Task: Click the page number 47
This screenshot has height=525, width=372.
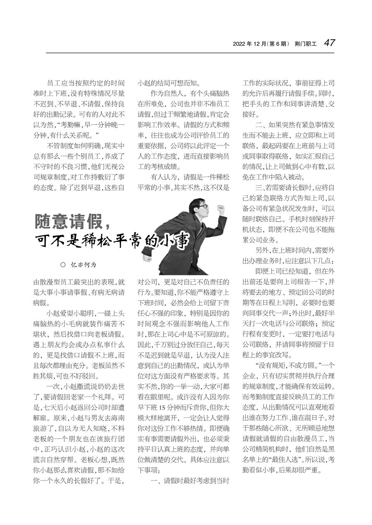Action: (329, 43)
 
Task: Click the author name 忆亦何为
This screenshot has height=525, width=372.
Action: (83, 265)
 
